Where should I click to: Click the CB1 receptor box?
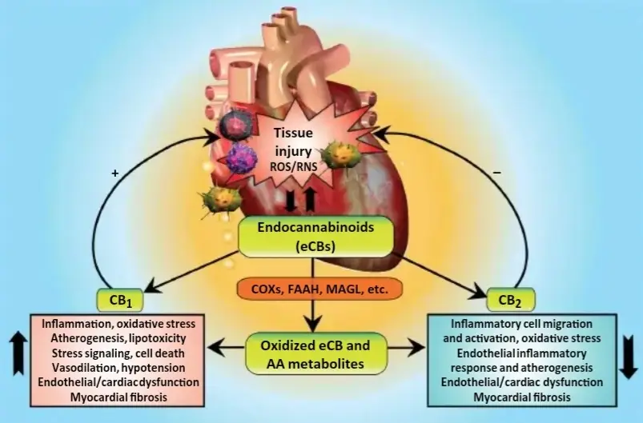(x=120, y=300)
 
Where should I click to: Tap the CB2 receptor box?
(x=511, y=300)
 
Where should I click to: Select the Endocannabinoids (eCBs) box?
(x=315, y=237)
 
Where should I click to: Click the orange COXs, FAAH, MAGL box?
(x=319, y=289)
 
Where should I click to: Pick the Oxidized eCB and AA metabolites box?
(x=315, y=353)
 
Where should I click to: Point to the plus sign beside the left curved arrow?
(x=115, y=174)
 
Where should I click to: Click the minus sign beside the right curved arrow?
(x=497, y=173)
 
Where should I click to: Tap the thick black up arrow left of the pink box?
(x=18, y=353)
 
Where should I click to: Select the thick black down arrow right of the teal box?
(x=628, y=358)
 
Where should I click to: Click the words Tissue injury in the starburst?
(x=293, y=142)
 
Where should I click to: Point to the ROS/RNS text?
(x=293, y=166)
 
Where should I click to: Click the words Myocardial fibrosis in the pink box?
(x=119, y=397)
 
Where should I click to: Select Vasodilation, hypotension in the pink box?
(x=118, y=368)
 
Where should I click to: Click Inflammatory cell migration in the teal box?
(x=521, y=324)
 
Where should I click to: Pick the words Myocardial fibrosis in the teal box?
(x=522, y=397)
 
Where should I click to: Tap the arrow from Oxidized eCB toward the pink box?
(x=227, y=348)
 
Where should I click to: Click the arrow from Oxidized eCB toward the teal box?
(x=407, y=348)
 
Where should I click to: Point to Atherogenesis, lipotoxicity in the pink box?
(x=118, y=338)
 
